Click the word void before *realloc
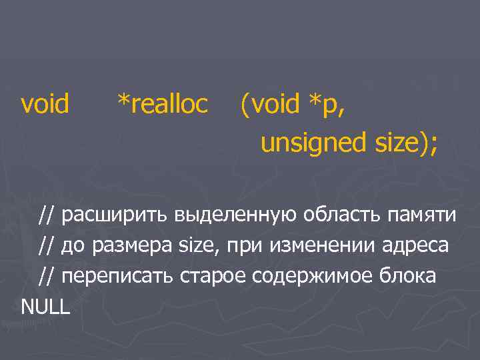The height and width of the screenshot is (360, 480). (x=45, y=103)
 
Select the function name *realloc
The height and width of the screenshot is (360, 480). (x=162, y=103)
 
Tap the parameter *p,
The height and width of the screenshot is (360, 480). (x=327, y=104)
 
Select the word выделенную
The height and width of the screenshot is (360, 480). (x=237, y=216)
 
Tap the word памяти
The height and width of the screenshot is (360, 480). (x=423, y=216)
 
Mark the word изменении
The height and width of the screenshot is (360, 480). (x=324, y=245)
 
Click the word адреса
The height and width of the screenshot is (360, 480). (x=416, y=246)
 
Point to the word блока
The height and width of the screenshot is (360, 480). (x=408, y=275)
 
